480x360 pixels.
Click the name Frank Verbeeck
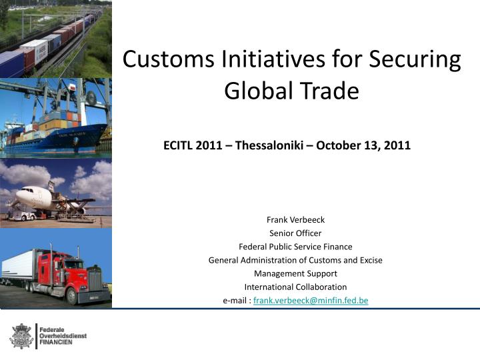[295, 219]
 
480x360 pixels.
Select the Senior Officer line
[295, 233]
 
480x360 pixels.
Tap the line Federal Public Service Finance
[295, 246]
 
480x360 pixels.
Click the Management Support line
[295, 273]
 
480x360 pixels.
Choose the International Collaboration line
[295, 287]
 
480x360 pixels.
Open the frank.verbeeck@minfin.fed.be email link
[311, 301]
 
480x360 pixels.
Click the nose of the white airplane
[19, 195]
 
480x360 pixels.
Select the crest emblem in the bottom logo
[21, 335]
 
